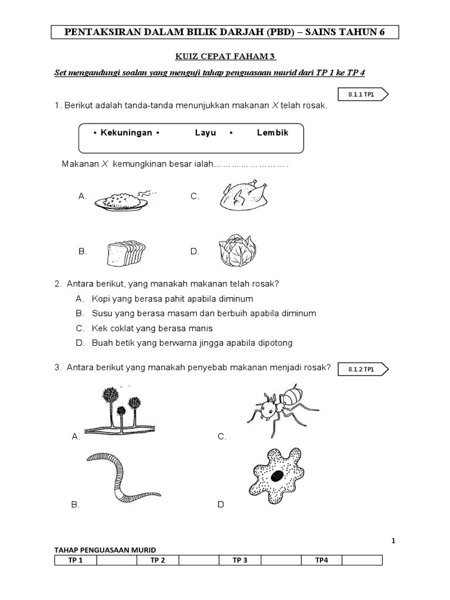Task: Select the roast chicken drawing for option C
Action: (244, 196)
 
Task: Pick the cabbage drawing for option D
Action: (237, 251)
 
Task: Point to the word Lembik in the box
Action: (272, 132)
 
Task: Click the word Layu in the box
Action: (206, 132)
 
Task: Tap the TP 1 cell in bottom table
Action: (76, 560)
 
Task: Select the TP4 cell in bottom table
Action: (321, 560)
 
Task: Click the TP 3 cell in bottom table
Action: (240, 560)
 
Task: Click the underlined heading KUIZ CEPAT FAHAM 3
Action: (226, 57)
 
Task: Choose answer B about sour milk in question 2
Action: (203, 313)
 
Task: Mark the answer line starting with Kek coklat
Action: (152, 328)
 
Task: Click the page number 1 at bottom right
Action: (394, 541)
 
